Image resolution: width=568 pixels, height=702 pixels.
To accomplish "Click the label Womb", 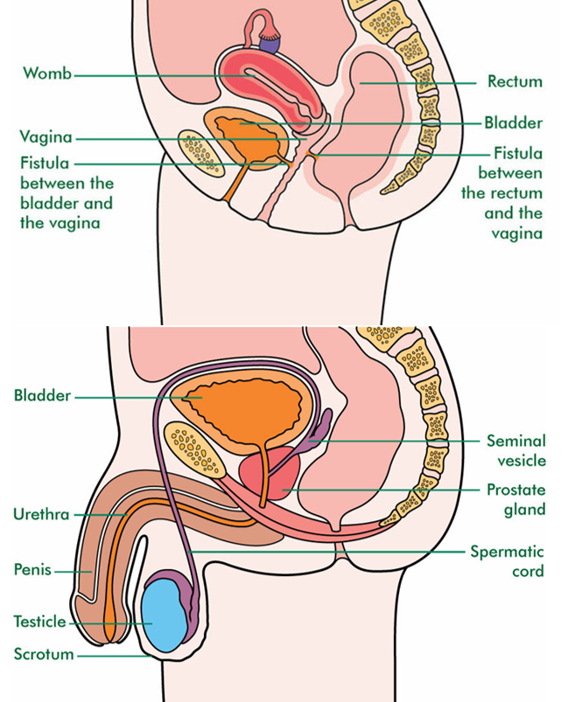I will click(46, 73).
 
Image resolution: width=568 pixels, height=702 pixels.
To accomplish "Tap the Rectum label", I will click(515, 82).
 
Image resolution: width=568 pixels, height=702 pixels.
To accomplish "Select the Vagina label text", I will click(46, 137).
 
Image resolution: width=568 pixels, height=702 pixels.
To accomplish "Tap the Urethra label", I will click(40, 514).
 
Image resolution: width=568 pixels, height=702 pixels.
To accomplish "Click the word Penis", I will click(32, 570).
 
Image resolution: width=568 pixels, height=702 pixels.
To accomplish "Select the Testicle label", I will click(39, 622).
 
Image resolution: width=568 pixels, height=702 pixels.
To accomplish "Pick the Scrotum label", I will click(43, 653).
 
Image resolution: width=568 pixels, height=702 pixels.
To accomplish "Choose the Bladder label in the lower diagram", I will click(42, 396).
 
